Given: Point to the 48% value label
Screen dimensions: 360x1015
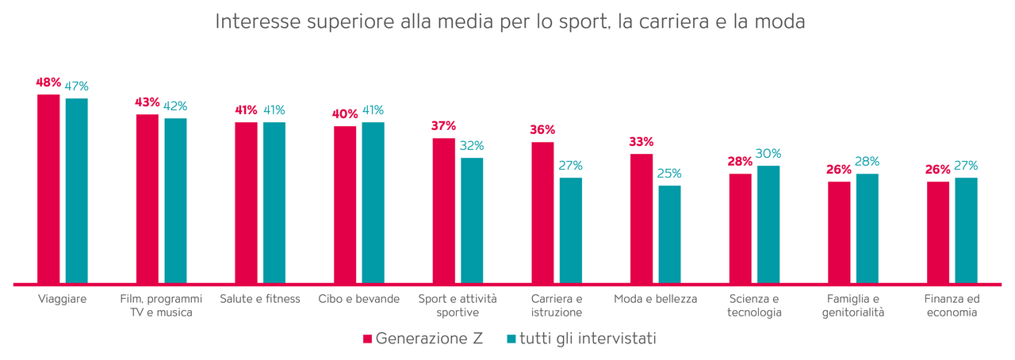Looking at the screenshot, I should pyautogui.click(x=48, y=82).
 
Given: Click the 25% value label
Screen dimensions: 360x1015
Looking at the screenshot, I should pyautogui.click(x=669, y=173).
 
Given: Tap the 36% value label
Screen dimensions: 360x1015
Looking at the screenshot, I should pyautogui.click(x=542, y=129).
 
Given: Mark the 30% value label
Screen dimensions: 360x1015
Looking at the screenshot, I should pyautogui.click(x=768, y=153).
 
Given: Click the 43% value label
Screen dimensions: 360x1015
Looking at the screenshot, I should pyautogui.click(x=147, y=101).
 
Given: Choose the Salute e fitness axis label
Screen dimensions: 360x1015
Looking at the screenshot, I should pyautogui.click(x=260, y=299).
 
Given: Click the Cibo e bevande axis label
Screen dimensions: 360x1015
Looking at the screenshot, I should pyautogui.click(x=359, y=299).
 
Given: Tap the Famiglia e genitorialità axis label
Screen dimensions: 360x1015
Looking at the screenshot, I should pyautogui.click(x=853, y=305).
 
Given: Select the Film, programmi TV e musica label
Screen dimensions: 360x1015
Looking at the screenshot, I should pyautogui.click(x=161, y=305).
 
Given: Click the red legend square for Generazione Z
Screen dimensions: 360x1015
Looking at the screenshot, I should pyautogui.click(x=367, y=339).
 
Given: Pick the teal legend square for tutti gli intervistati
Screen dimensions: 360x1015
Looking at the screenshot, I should pyautogui.click(x=511, y=339).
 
